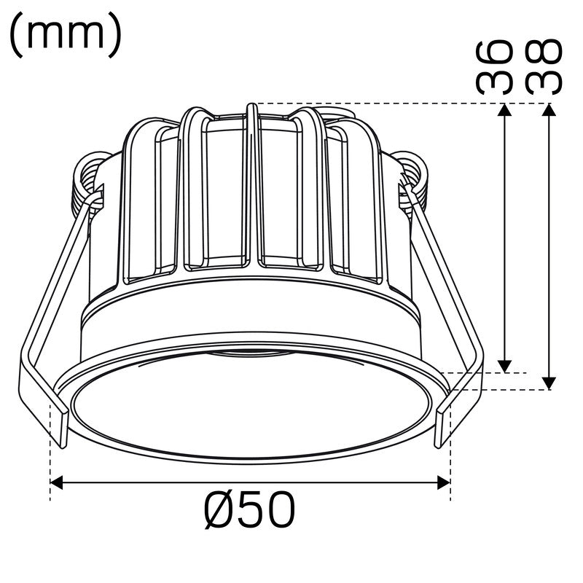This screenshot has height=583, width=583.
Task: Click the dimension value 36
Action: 493,67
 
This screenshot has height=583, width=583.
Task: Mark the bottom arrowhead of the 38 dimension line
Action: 550,383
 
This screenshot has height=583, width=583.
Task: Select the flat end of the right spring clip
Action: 443,426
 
